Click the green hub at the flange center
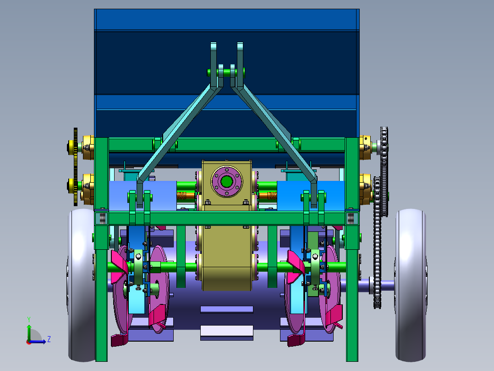(226, 181)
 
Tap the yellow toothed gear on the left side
(75, 167)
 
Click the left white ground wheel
(81, 285)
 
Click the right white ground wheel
(411, 285)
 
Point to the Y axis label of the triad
(29, 319)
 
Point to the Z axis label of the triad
(49, 339)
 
